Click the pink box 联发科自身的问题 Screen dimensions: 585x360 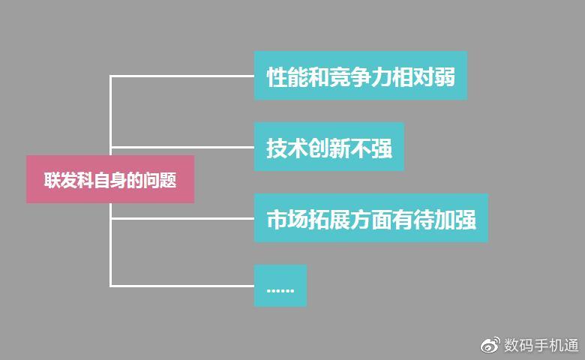[110, 179]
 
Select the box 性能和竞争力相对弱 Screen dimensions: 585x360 [360, 76]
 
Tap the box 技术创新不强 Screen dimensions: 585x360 [328, 147]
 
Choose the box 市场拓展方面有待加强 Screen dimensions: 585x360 [370, 218]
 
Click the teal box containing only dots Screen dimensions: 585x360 [280, 286]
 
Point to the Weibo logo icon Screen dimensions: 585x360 [489, 345]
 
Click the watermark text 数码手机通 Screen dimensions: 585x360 [541, 345]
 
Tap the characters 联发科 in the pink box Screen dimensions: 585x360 [64, 181]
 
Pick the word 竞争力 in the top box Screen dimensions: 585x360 [360, 76]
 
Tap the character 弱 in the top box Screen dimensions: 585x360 [445, 76]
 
